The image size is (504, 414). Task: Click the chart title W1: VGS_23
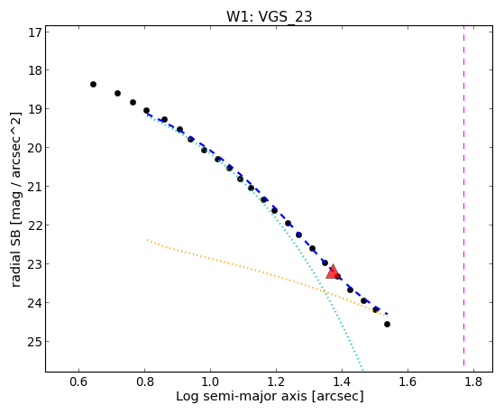(270, 16)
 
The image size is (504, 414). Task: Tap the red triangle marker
(333, 272)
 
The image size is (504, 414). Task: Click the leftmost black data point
(93, 84)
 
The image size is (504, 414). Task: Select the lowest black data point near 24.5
(388, 324)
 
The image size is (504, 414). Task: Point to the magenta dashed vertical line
(463, 196)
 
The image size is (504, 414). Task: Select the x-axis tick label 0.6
(78, 382)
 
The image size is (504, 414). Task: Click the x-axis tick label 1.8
(473, 382)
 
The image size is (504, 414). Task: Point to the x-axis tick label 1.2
(276, 382)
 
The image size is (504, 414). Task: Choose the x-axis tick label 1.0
(210, 382)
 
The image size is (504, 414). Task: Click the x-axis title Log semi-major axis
(241, 396)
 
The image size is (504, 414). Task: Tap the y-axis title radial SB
(15, 253)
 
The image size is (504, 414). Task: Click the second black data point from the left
(117, 93)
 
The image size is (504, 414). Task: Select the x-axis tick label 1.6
(408, 382)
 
